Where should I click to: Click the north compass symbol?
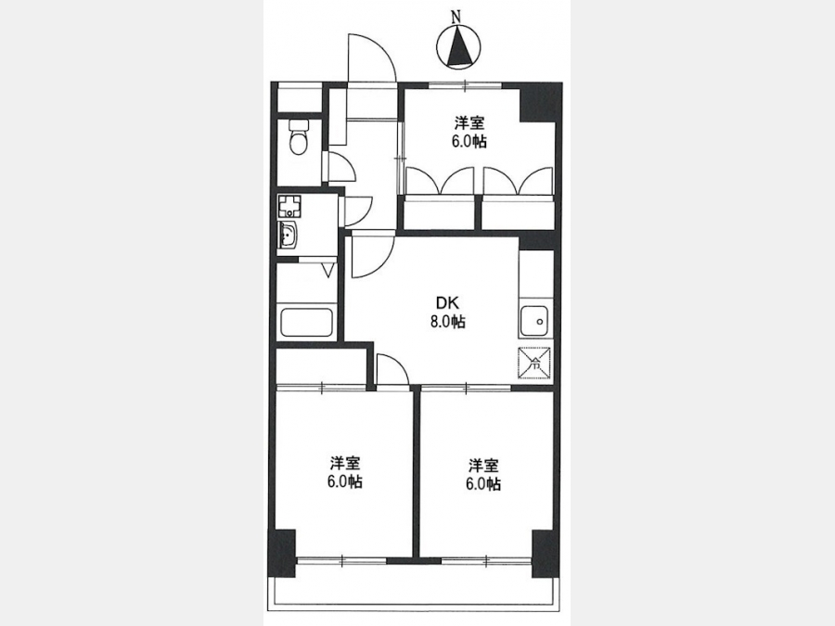457,46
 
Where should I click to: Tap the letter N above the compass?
456,18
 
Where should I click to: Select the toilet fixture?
298,137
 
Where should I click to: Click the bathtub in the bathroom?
307,322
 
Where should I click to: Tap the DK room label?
447,303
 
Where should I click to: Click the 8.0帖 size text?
448,322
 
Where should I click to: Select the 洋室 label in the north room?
469,123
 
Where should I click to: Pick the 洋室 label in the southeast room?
483,466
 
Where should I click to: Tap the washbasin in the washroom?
289,235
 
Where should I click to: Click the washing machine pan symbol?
289,206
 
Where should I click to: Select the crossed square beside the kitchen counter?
534,363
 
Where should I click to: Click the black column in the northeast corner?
540,103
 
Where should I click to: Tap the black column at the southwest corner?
283,553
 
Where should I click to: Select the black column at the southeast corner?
546,554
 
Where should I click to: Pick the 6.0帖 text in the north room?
469,142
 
